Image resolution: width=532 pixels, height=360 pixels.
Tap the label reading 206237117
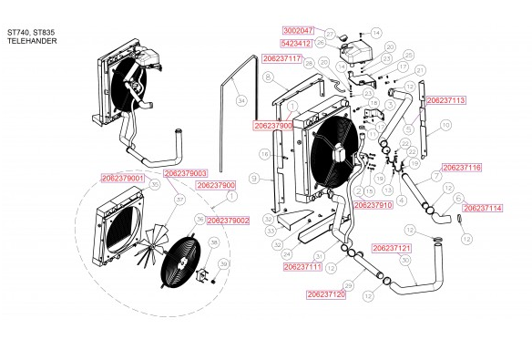281,58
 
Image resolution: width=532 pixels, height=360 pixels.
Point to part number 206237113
445,100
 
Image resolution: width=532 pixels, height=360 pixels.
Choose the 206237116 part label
461,169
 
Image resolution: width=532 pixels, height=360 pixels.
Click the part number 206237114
482,208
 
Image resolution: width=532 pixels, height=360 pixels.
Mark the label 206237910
373,206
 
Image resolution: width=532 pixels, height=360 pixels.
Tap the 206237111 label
302,267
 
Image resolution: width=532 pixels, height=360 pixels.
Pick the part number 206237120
326,295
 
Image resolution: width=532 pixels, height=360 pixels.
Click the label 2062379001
124,179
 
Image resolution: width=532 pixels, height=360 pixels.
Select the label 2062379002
228,221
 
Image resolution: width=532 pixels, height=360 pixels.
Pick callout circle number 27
330,33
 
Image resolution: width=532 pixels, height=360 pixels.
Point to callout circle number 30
404,260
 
